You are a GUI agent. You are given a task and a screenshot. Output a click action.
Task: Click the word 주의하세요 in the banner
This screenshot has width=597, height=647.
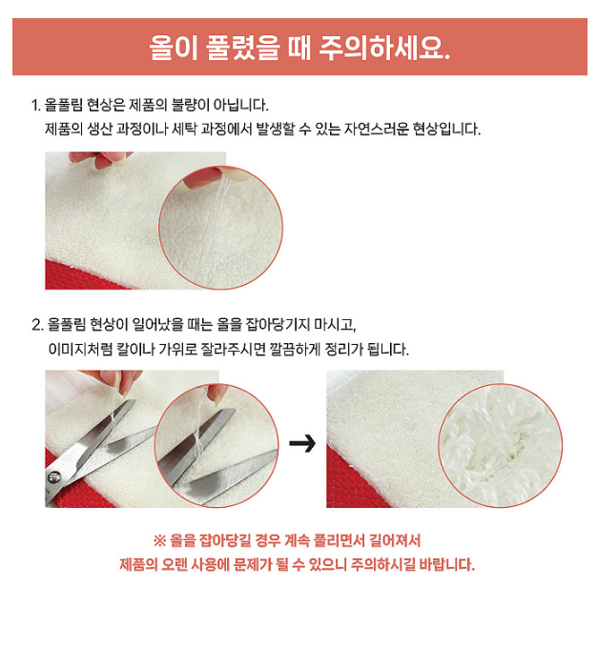click(x=384, y=47)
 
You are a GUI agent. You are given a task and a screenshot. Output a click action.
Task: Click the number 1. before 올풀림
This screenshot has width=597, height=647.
click(x=36, y=105)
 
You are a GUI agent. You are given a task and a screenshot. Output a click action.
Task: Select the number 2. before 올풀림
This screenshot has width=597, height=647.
click(x=37, y=325)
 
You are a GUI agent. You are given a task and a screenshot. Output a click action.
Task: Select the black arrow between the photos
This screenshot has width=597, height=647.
click(x=302, y=444)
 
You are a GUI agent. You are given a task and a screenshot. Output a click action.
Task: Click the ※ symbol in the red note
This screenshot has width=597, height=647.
click(x=159, y=540)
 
